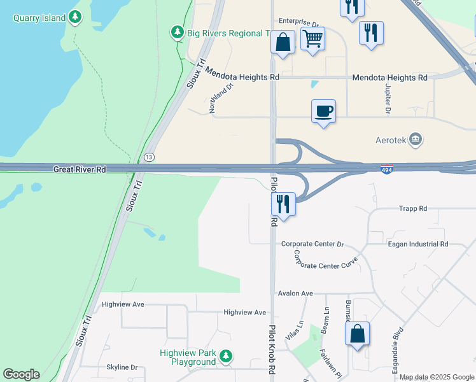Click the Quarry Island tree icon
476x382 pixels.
point(76,17)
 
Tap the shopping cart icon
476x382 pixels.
point(312,39)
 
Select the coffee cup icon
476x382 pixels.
point(323,111)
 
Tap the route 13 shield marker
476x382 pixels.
point(149,157)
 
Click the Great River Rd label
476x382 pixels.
point(80,169)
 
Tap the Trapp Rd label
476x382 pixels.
point(412,208)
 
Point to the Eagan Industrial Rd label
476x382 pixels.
point(417,244)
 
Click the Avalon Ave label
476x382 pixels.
point(295,294)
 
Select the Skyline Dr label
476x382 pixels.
point(122,367)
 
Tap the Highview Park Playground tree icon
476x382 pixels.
point(226,356)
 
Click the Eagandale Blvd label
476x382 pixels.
point(398,347)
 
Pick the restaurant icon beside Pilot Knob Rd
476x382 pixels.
point(283,204)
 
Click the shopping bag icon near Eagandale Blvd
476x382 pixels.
point(357,333)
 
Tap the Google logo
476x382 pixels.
point(21,374)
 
